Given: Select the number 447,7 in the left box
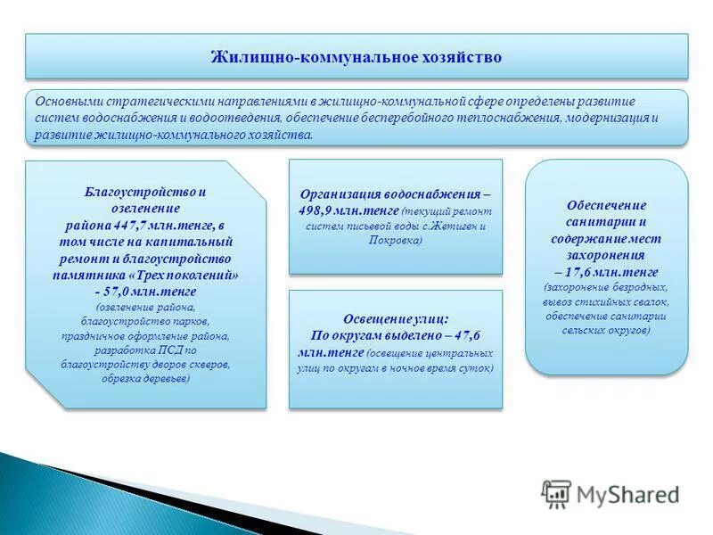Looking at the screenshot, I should [x=134, y=226].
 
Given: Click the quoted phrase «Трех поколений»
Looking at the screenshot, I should [x=190, y=275].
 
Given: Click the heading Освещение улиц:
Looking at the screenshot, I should [x=395, y=318].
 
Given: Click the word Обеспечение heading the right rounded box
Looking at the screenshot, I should [x=606, y=205].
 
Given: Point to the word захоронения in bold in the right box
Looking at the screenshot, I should [x=606, y=255].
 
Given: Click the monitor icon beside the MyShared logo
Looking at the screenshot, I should [x=556, y=493].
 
